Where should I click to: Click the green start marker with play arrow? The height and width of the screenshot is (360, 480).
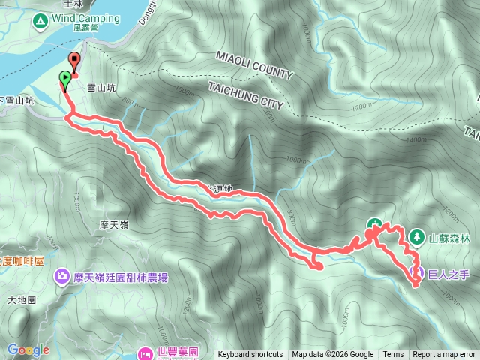65,77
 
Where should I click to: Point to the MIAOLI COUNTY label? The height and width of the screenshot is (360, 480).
253,65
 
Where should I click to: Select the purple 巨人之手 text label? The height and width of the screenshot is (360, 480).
448,274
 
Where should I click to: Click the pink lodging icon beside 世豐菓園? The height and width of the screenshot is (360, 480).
145,351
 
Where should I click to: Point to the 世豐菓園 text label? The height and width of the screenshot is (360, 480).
177,351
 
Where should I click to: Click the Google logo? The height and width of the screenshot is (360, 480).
28,349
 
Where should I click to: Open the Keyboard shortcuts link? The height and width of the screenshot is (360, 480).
250,355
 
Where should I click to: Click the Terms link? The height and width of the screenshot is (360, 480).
393,355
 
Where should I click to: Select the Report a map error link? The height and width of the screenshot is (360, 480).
444,355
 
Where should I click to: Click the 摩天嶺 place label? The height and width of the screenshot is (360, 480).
115,224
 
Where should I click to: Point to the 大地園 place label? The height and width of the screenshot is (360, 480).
22,300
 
